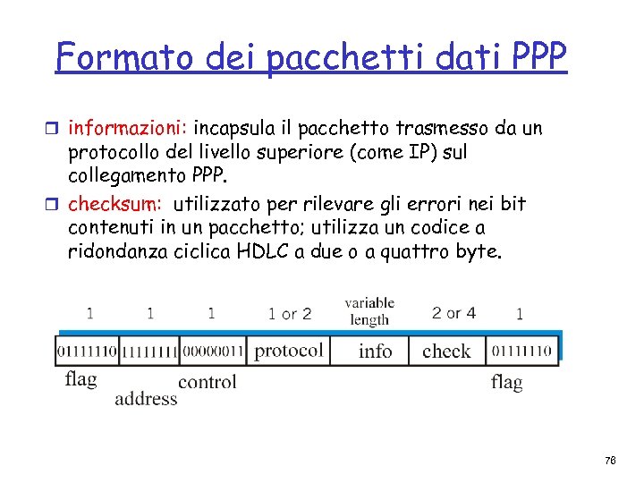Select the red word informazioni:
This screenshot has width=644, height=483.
128,129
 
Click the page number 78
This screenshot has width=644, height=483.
610,460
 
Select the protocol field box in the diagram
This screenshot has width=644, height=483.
288,351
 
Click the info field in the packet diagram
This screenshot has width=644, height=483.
375,351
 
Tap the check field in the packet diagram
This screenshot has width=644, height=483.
445,351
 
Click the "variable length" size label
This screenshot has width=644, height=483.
369,310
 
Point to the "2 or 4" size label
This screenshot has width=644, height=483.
453,313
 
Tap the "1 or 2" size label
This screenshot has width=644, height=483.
290,314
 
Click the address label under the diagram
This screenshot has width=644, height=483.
146,398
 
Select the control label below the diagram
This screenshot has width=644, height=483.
207,382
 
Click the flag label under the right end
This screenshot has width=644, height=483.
506,382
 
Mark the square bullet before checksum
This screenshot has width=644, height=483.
58,204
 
